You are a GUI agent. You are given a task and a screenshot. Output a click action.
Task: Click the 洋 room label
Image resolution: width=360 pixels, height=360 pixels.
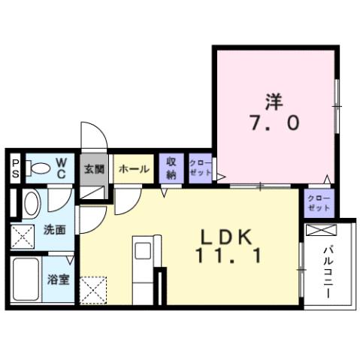pos(274,98)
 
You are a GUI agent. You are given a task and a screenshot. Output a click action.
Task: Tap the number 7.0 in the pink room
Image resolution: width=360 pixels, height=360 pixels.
pos(274,122)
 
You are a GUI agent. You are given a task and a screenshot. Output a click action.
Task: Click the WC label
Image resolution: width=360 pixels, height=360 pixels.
pos(62,168)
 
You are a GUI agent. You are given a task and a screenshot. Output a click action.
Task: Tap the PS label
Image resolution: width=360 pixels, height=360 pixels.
pos(15,168)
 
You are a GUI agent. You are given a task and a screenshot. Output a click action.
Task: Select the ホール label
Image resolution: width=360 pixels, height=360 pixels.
pos(133,169)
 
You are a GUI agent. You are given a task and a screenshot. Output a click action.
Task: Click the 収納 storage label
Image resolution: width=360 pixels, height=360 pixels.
pos(171,168)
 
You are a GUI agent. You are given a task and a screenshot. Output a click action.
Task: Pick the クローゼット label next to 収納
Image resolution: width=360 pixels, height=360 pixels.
pos(200,168)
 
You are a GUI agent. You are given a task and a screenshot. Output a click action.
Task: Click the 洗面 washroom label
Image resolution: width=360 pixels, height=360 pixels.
pos(53,228)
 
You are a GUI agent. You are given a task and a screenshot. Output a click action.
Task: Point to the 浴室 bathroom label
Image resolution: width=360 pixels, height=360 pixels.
pos(58,280)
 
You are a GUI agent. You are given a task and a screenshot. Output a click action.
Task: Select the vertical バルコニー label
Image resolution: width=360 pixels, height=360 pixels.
pos(328,272)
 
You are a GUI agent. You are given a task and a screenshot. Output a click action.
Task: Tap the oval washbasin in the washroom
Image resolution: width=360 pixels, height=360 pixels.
pos(30,203)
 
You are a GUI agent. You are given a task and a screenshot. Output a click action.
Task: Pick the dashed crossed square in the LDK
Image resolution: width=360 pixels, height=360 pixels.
pos(94,289)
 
